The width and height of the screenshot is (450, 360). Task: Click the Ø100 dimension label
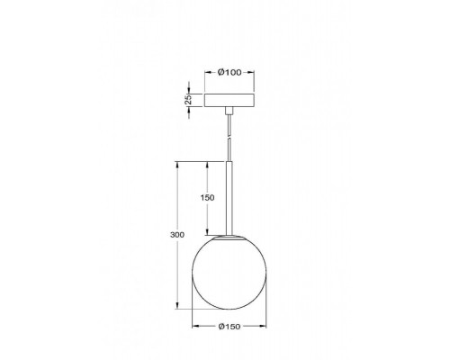(x=229, y=72)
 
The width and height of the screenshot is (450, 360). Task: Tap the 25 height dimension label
(x=188, y=99)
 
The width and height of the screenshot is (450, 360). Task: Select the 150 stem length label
(x=208, y=198)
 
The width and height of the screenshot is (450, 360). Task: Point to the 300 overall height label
(x=177, y=235)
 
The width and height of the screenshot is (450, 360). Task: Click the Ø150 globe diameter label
(x=229, y=326)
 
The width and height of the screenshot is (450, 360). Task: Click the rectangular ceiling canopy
(x=229, y=100)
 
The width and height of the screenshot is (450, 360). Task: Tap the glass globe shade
(x=229, y=273)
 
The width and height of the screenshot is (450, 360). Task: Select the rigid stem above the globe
(x=229, y=198)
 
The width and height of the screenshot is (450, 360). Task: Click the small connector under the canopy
(x=229, y=111)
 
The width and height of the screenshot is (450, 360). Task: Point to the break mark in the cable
(x=229, y=139)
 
